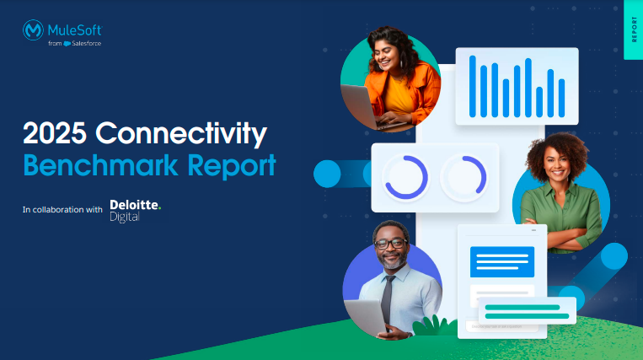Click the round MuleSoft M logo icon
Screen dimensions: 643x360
pyautogui.click(x=33, y=30)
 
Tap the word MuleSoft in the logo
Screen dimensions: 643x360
pyautogui.click(x=75, y=30)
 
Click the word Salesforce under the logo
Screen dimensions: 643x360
pyautogui.click(x=87, y=44)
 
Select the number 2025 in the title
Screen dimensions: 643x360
pyautogui.click(x=55, y=133)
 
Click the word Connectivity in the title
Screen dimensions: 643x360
pyautogui.click(x=181, y=134)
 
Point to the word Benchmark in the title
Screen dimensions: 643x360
pyautogui.click(x=101, y=165)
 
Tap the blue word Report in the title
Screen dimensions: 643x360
pyautogui.click(x=232, y=166)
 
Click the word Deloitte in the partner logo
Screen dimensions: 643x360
pyautogui.click(x=136, y=205)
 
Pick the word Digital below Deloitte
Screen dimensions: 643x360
pyautogui.click(x=125, y=218)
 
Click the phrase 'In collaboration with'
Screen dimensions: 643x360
pyautogui.click(x=62, y=210)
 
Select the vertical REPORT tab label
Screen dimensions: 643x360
pyautogui.click(x=634, y=30)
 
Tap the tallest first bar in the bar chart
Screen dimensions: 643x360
pyautogui.click(x=473, y=87)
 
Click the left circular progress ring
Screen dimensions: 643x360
pyautogui.click(x=406, y=177)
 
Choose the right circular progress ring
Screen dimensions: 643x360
pyautogui.click(x=475, y=175)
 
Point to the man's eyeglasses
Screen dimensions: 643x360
pyautogui.click(x=390, y=244)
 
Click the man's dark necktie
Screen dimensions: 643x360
pyautogui.click(x=387, y=300)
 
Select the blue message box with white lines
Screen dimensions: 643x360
pyautogui.click(x=502, y=261)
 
